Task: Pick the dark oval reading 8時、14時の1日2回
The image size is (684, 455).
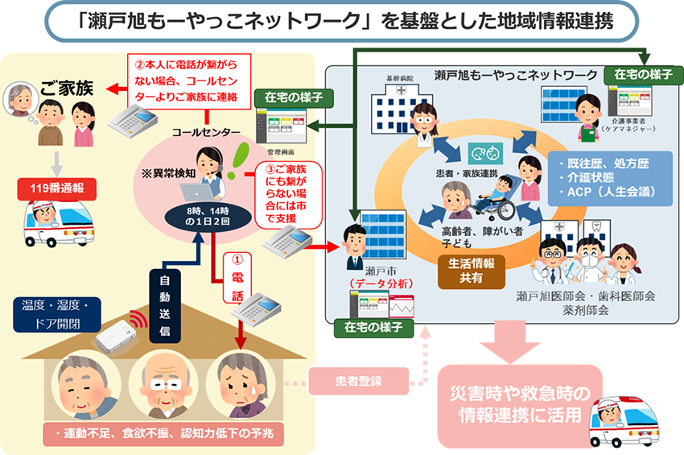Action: pyautogui.click(x=196, y=214)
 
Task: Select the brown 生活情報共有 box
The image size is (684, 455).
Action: pyautogui.click(x=472, y=271)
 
